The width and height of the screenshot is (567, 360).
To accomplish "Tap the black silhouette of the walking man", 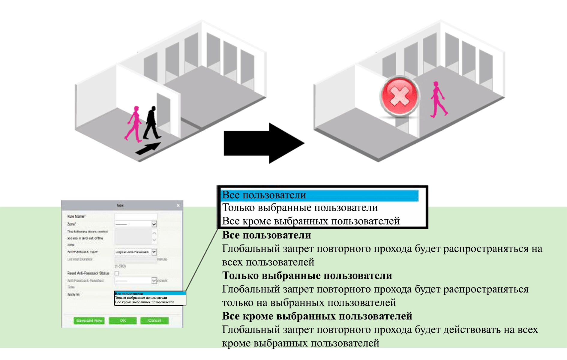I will [x=152, y=123].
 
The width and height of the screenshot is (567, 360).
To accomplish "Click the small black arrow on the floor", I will [x=148, y=148].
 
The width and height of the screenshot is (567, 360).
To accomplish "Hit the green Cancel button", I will [x=154, y=320].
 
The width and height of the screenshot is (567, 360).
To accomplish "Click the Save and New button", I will [x=89, y=320].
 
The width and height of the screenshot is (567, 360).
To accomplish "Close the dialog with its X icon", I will [x=178, y=205].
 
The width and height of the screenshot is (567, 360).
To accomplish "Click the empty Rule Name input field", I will [x=136, y=216].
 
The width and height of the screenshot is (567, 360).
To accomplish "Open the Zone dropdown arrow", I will [x=154, y=224].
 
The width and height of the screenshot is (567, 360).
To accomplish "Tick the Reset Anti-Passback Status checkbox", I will [x=117, y=273].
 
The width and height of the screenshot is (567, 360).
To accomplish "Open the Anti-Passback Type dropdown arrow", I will [x=154, y=252].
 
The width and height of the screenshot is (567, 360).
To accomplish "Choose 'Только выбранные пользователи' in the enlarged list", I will [x=300, y=208].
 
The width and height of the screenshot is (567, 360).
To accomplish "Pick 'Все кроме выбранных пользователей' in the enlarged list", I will [x=310, y=221].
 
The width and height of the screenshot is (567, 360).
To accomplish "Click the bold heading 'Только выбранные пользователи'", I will [x=307, y=275].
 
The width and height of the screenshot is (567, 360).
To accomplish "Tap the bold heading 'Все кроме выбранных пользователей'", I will [x=317, y=316].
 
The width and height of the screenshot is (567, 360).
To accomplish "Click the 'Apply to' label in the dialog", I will [x=73, y=295].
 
